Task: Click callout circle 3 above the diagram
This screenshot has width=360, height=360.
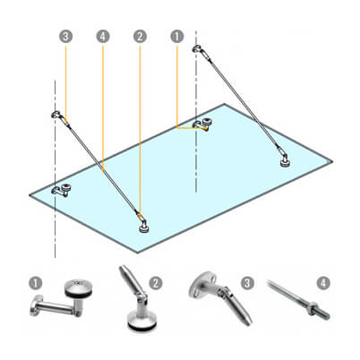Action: tap(65, 37)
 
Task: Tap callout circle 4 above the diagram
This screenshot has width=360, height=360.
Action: tap(103, 37)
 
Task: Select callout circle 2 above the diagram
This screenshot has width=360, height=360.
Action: tap(140, 37)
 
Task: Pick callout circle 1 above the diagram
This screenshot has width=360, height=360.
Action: tap(177, 37)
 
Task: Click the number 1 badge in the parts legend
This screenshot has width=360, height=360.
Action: tap(36, 283)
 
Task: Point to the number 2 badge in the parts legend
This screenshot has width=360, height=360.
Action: tap(156, 283)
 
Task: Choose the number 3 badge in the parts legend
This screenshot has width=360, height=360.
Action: tap(247, 283)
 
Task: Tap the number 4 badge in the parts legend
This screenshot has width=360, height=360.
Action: tap(323, 283)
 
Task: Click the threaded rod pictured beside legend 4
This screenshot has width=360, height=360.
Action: tap(298, 299)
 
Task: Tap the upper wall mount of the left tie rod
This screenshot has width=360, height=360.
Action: tap(56, 115)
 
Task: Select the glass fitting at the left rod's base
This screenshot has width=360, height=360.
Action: tap(144, 226)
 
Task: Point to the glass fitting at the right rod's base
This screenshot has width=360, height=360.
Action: tap(285, 159)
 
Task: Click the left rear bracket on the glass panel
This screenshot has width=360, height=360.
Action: tap(61, 191)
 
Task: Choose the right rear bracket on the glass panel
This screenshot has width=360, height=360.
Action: tap(202, 124)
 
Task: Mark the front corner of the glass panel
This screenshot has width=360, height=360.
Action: tap(137, 253)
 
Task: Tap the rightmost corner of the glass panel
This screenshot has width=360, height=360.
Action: tap(332, 161)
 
